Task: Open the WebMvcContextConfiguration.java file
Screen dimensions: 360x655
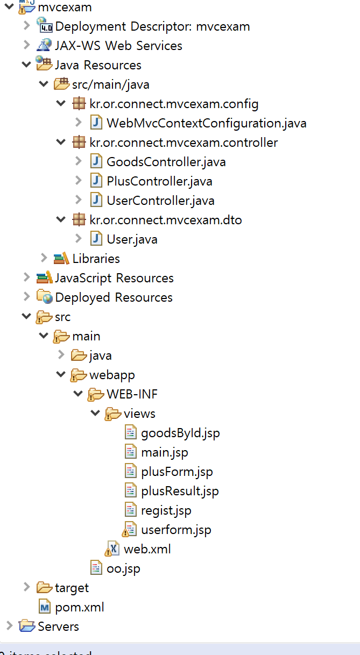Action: coord(206,123)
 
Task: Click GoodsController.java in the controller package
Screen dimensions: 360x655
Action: coord(166,162)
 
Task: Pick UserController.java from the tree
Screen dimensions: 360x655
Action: coord(160,201)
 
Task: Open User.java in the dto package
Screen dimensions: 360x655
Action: coord(132,239)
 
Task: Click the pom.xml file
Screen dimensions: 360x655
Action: coord(79,607)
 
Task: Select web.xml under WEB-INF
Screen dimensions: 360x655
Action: coord(147,549)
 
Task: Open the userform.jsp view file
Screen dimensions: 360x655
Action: coord(176,530)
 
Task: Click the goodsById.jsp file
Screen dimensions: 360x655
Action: coord(180,433)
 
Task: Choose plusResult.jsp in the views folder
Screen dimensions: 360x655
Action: coord(180,491)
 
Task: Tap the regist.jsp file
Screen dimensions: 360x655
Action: coord(166,510)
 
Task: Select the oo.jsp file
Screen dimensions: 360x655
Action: coord(123,568)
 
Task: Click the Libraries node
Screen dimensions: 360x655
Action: coord(96,259)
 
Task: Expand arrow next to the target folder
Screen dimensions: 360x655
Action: coord(26,587)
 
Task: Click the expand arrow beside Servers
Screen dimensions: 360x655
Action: coord(9,626)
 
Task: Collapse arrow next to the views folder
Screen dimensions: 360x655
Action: coord(95,414)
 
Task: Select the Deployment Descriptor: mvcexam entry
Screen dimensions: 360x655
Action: coord(152,26)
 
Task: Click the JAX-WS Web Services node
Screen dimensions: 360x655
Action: coord(118,46)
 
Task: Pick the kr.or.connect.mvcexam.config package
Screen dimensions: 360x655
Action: coord(174,104)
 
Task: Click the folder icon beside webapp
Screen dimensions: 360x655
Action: coord(79,375)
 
